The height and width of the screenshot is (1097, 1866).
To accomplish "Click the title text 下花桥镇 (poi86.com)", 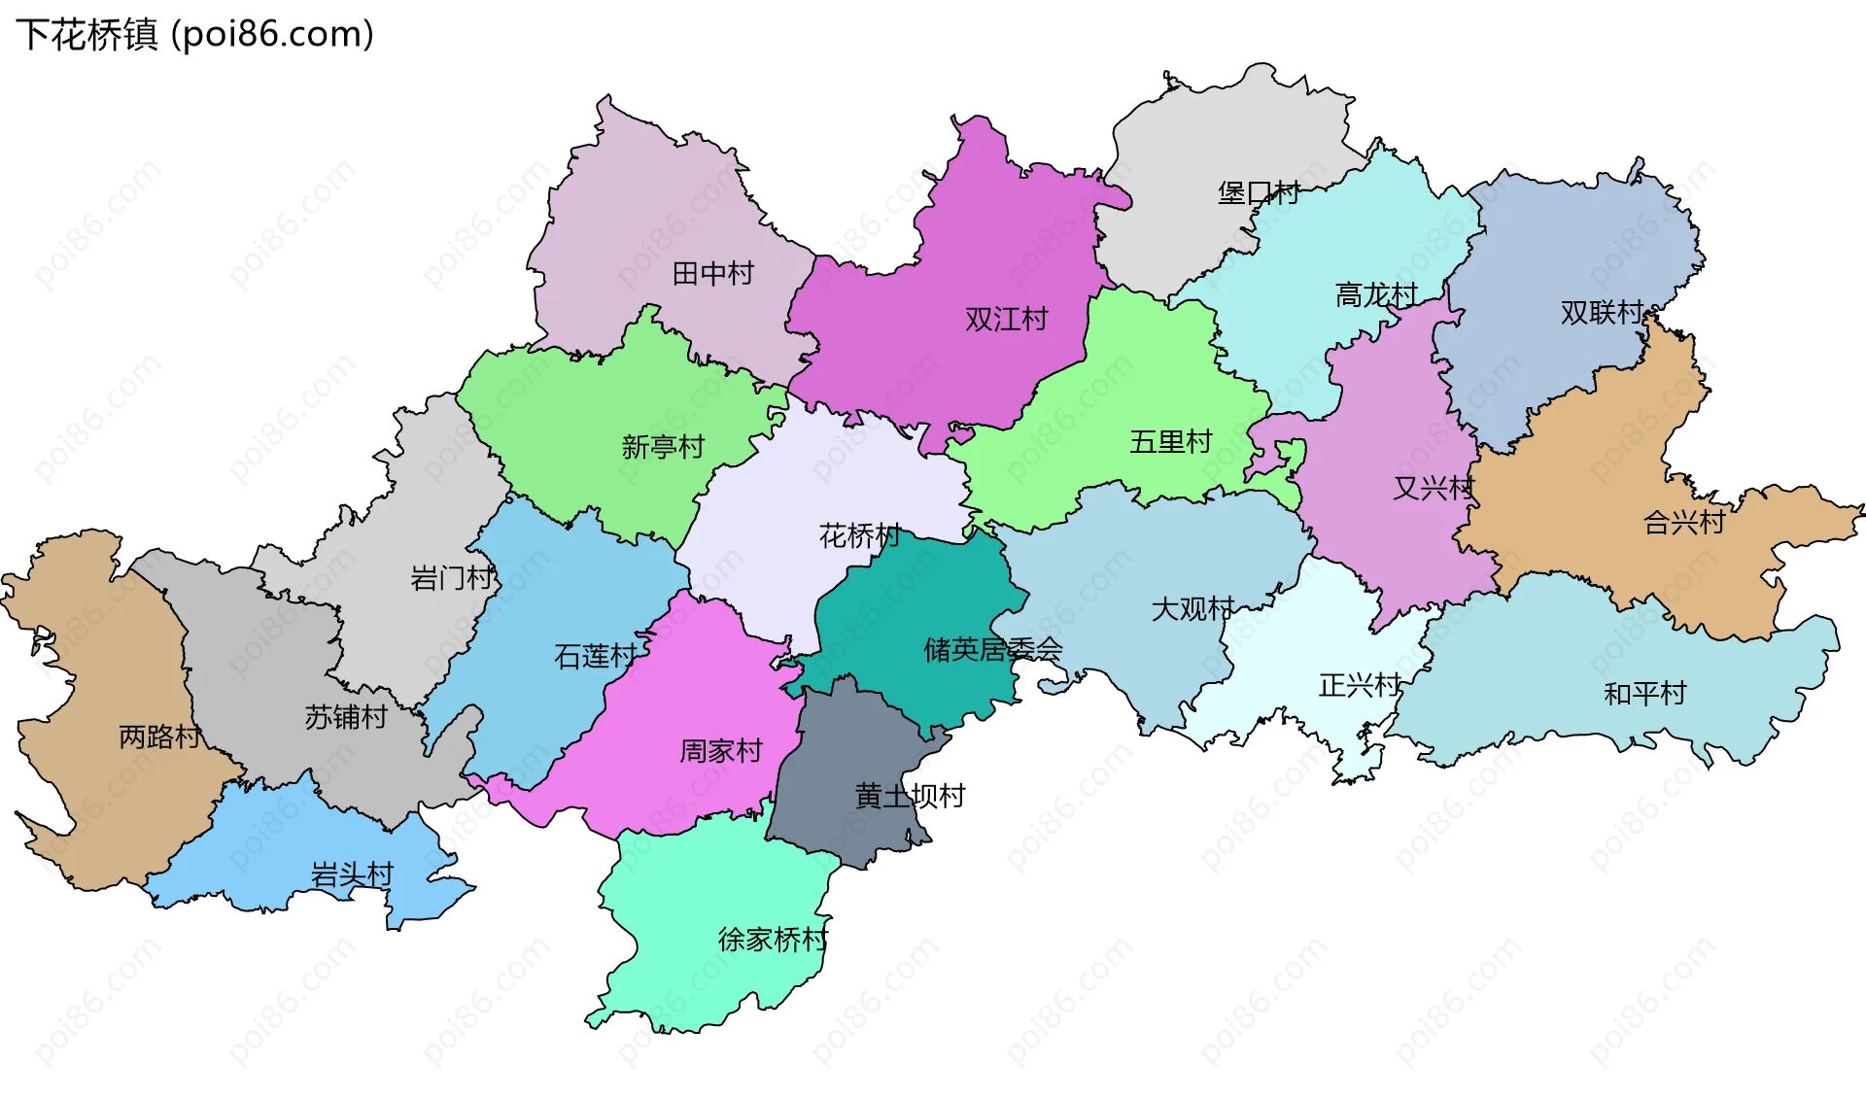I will pos(194,35).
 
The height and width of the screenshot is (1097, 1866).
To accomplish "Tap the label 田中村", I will pos(713,274).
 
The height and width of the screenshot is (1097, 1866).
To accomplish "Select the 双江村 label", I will pos(1006,320).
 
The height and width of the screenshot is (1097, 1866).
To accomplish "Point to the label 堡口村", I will pos(1259,193).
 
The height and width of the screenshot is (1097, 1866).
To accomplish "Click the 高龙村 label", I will pos(1376,294).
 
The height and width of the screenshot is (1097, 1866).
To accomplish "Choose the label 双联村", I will pos(1602,313).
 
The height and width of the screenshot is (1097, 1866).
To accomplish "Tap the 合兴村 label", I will pos(1683,523).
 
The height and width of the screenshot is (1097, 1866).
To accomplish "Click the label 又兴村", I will pos(1434,488).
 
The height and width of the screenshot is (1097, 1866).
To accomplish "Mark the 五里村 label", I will pos(1170,442).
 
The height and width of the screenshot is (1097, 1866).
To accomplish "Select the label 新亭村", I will pos(663,447).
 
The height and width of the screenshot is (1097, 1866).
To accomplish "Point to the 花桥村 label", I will pos(860,535).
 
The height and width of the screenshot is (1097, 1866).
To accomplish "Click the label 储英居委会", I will pos(992,649).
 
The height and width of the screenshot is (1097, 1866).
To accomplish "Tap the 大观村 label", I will pos(1192,609).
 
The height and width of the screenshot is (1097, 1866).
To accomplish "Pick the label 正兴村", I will pos(1360,686).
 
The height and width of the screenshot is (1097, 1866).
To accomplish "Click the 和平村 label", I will pos(1644,694).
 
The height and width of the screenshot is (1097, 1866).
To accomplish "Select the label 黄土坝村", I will pos(910,797).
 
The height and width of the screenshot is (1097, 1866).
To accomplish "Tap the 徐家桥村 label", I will pos(773,940).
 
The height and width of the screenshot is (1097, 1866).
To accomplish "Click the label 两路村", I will pos(160,737).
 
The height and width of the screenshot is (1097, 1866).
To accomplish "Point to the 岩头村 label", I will pos(352,875).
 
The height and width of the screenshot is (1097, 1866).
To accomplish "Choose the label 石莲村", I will pos(596,657).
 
